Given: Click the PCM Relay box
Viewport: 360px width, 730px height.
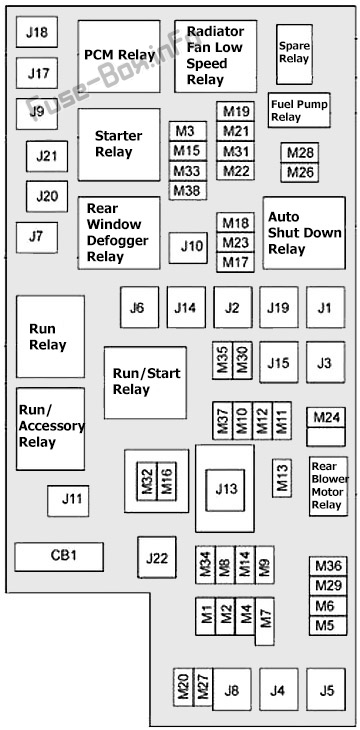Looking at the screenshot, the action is point(119,56).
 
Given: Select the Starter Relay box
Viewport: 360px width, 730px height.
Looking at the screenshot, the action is point(119,144).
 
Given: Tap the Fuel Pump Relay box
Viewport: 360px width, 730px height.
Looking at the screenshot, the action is point(299,110).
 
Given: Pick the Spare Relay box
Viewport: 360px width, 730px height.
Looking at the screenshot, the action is point(294,54).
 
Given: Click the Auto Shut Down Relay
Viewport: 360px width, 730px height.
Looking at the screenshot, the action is point(304,233).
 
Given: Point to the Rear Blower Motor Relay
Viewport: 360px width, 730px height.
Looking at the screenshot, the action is point(328,486).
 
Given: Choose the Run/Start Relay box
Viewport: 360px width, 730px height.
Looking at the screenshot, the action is point(145,382).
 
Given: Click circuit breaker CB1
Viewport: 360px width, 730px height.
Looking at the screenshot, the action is point(59,556).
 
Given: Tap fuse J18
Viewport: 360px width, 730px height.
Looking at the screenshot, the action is point(37,32).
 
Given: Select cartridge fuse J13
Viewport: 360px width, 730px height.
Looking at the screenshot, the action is point(226,488).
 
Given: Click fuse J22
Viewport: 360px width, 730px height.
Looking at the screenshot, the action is point(156,557).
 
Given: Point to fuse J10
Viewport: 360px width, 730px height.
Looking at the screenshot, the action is point(188,248).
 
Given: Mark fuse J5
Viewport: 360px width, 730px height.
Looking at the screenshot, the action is point(326,689).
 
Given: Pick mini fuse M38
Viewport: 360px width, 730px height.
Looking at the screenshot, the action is point(188,190).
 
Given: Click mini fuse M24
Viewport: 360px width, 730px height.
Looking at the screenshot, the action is point(326,418).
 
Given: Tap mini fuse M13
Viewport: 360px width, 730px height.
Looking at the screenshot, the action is point(282,478).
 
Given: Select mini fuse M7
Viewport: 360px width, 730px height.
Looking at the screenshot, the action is point(265,621).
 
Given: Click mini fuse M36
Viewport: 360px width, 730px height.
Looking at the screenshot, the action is point(328,566).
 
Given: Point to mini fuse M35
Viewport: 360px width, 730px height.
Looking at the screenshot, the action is point(223,360).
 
